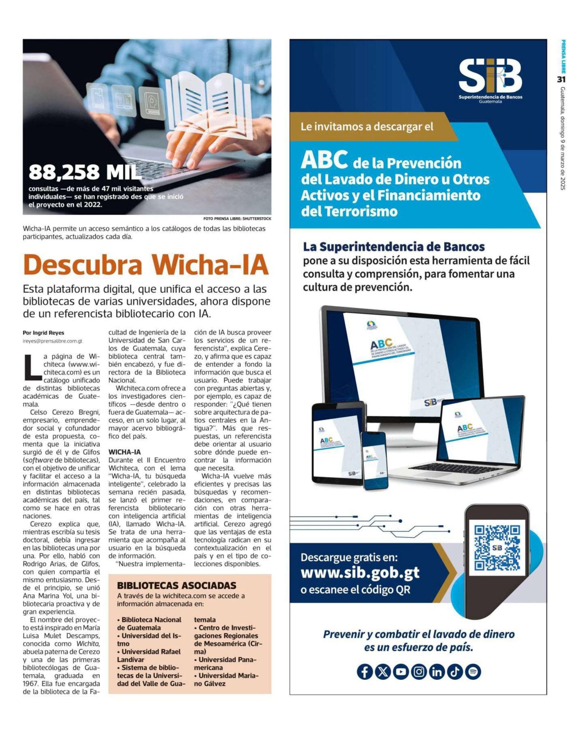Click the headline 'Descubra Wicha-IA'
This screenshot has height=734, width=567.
[x=146, y=266]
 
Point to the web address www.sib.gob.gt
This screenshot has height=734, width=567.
[x=360, y=572]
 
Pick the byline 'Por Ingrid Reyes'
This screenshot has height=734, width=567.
[x=43, y=333]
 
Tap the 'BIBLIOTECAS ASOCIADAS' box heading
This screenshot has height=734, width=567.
[x=177, y=585]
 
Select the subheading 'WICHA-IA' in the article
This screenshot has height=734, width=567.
[x=124, y=452]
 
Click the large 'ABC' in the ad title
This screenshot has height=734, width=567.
[x=324, y=160]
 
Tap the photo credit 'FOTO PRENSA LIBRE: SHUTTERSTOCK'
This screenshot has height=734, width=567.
[x=237, y=219]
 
